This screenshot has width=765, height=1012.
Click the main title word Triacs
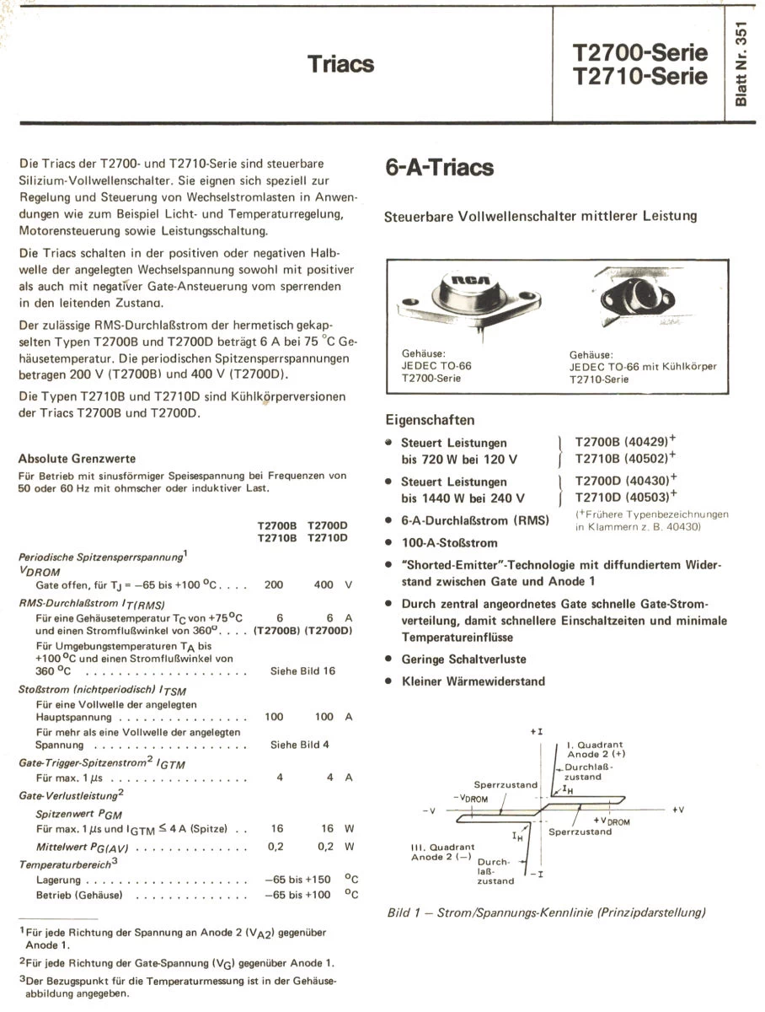click(340, 65)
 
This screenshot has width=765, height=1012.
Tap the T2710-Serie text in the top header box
click(640, 77)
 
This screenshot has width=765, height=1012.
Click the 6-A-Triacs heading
click(439, 167)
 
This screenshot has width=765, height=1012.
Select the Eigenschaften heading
click(430, 419)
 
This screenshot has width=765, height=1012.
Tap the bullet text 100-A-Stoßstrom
click(449, 543)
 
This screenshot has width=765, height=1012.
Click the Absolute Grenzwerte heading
click(77, 459)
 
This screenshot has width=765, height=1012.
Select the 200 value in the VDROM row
click(274, 584)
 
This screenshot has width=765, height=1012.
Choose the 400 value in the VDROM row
click(324, 584)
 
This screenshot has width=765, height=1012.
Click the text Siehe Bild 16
click(302, 671)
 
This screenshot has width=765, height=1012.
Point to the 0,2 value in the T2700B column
click(274, 846)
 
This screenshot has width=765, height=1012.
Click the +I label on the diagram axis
click(536, 733)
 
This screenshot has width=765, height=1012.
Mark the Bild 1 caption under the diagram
click(546, 912)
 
